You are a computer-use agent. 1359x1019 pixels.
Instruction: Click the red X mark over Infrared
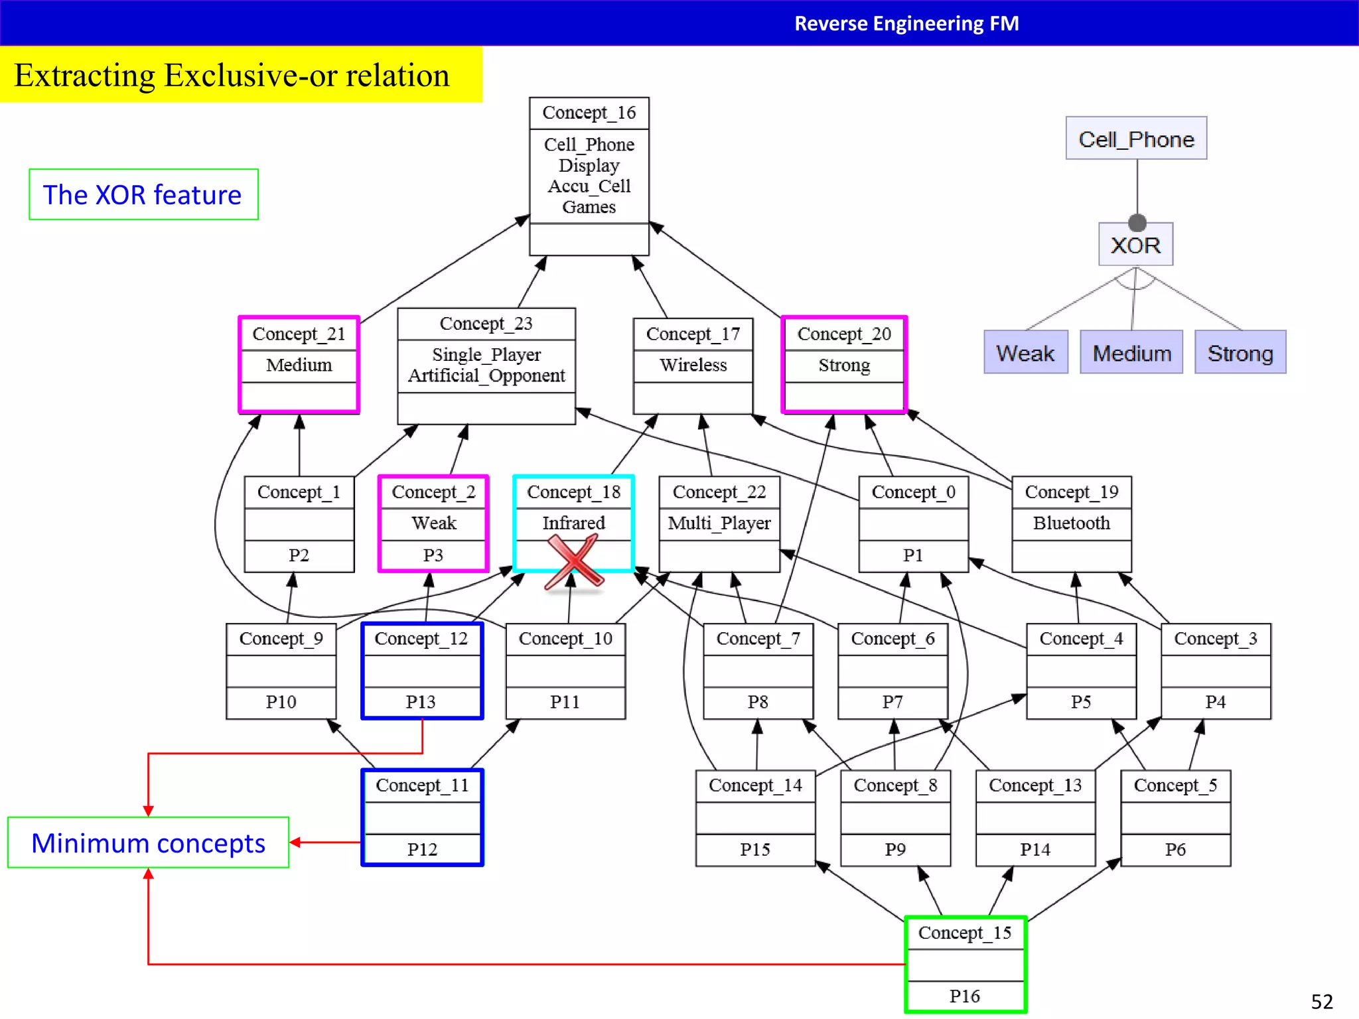(573, 562)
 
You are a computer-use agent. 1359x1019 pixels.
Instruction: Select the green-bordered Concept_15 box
(965, 963)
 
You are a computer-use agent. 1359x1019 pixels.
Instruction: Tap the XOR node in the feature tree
(1135, 245)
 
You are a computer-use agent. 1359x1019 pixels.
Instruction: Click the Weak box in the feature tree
(1025, 353)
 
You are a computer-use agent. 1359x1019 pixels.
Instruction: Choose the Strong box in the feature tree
(1240, 353)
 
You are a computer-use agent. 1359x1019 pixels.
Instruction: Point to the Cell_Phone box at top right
(1136, 139)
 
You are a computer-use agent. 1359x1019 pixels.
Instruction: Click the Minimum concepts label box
(148, 843)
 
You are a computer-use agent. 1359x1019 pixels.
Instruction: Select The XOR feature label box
(143, 195)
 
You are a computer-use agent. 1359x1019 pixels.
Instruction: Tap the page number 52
(1321, 1001)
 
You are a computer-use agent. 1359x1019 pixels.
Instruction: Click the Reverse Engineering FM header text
(906, 24)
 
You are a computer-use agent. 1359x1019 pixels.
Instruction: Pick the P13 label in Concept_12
(421, 702)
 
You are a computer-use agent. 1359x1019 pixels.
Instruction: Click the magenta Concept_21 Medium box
(299, 365)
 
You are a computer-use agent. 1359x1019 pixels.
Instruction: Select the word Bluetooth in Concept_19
(1071, 523)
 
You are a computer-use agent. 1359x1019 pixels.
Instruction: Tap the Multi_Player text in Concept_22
(719, 523)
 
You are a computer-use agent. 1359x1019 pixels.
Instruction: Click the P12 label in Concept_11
(422, 849)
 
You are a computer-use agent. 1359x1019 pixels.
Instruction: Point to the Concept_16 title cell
(589, 113)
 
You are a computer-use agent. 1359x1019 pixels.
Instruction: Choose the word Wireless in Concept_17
(693, 365)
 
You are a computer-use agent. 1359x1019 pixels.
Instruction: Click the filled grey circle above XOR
(1137, 223)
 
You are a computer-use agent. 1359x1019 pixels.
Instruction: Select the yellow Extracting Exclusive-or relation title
(232, 75)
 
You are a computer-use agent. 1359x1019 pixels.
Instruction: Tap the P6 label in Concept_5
(1175, 849)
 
